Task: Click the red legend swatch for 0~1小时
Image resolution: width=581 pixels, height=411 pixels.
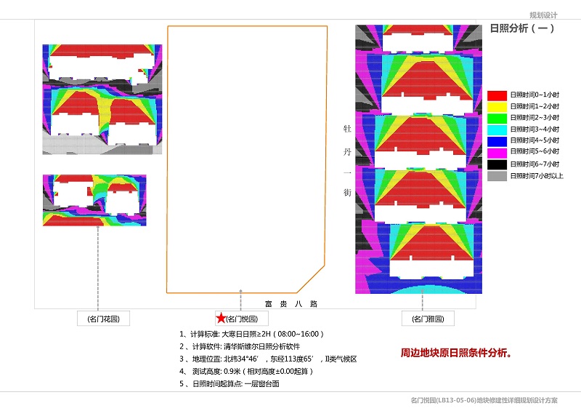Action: (x=497, y=95)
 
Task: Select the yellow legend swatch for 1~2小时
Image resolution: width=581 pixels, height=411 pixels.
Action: (x=497, y=107)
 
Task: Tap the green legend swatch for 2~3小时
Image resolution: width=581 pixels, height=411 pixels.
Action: (x=497, y=118)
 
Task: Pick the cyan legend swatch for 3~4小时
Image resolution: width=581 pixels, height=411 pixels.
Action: (x=497, y=129)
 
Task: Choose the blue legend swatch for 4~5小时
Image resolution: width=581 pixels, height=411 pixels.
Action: (x=497, y=141)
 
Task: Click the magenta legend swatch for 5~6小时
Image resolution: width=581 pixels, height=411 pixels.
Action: (x=497, y=153)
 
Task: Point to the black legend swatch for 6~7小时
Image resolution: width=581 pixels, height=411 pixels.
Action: (x=497, y=164)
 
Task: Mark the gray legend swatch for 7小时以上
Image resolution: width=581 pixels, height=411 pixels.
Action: (x=497, y=176)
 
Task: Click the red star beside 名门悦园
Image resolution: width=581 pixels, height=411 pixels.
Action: (x=221, y=318)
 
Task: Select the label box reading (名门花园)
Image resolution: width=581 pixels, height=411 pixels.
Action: (x=103, y=319)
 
